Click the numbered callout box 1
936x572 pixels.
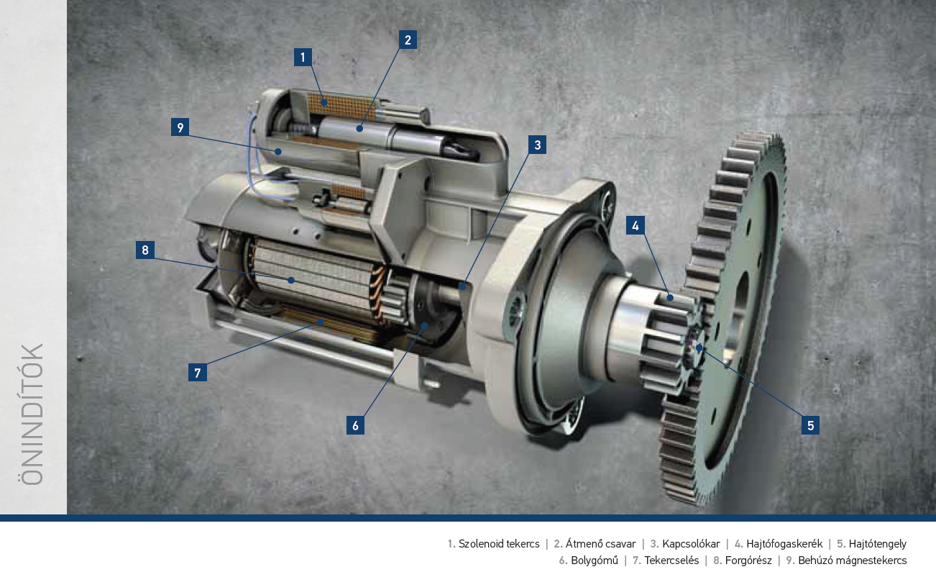coord(303,58)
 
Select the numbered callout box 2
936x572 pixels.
coord(408,40)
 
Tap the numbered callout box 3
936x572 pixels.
coord(537,145)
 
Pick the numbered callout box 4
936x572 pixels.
coord(636,226)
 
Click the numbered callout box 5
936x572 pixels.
coord(810,425)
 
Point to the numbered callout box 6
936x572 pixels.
coord(355,425)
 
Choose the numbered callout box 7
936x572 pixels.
coord(198,373)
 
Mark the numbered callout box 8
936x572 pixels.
coord(145,250)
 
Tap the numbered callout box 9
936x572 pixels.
coord(180,127)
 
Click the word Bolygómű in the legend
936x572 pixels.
coord(595,560)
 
